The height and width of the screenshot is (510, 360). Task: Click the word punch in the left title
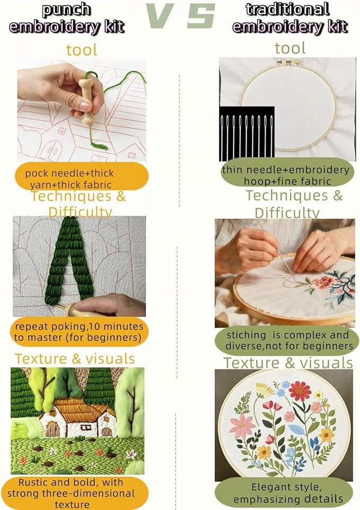[x=66, y=10]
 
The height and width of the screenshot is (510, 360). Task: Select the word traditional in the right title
[x=287, y=9]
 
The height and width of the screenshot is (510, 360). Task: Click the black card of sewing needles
[x=247, y=134]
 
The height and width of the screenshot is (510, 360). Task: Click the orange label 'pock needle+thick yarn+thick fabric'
[x=81, y=176]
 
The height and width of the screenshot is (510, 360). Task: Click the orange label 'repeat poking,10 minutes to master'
[x=80, y=332]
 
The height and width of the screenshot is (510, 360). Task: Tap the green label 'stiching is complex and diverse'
[x=287, y=340]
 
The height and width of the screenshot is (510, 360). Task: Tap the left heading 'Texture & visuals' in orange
[x=75, y=359]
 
